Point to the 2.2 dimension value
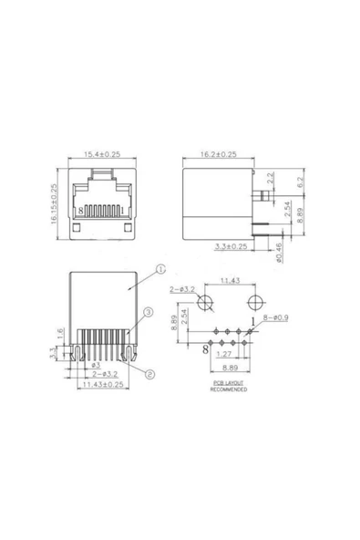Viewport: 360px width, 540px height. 269,178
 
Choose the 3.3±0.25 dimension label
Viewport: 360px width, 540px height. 231,246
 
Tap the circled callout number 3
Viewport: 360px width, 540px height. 145,313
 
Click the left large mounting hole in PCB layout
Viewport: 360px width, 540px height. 207,303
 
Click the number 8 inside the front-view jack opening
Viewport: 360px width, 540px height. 82,210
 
